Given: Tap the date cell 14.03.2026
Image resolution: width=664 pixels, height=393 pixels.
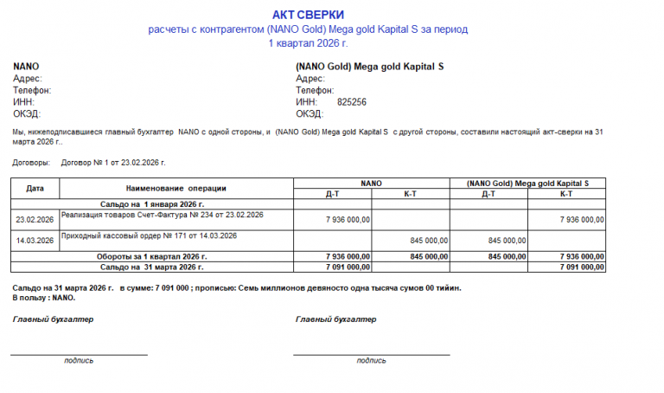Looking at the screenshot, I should coord(35,241).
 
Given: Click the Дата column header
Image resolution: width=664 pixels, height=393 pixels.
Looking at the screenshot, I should coord(35,188).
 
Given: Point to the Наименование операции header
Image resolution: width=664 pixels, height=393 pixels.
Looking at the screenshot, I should coord(176,188).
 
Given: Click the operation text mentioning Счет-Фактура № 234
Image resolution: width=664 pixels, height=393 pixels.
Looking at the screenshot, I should coord(163,215).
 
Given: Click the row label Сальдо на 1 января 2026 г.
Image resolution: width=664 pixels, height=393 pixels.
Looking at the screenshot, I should coord(152,203).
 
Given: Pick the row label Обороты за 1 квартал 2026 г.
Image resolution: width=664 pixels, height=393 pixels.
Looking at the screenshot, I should coord(152,257).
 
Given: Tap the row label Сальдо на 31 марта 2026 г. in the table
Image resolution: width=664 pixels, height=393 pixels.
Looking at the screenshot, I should coord(152,267).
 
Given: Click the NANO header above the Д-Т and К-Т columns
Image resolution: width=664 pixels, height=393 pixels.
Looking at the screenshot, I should coord(371,184).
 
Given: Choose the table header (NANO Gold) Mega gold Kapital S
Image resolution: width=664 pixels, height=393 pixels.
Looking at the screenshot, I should coord(527,184).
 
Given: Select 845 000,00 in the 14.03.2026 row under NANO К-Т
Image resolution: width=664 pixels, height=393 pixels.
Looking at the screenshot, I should coord(427,241).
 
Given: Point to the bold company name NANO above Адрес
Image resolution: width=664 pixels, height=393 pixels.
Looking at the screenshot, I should coord(26,67).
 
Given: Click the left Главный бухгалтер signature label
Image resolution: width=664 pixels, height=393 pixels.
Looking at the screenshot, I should coord(53,319).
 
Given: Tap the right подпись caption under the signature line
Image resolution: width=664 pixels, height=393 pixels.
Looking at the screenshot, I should coord(371,360).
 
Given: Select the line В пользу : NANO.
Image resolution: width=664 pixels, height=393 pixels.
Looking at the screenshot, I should coord(44,298).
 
